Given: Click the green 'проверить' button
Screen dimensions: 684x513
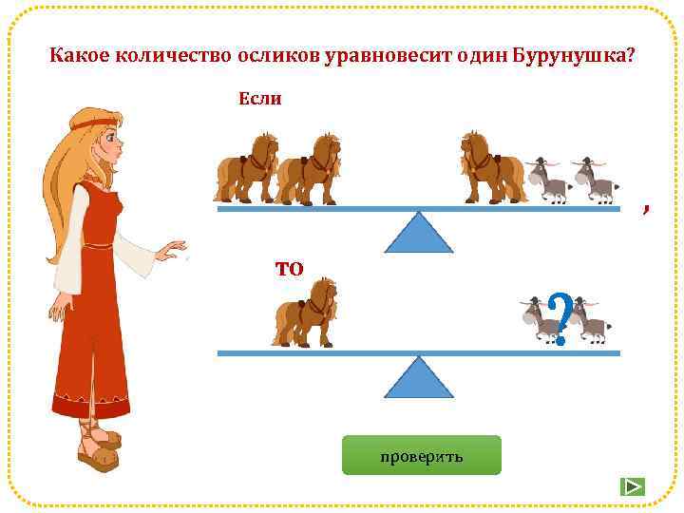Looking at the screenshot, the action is pyautogui.click(x=421, y=455).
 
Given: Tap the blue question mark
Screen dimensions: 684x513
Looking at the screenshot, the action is pyautogui.click(x=560, y=319).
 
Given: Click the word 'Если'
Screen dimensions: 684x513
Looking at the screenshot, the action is pyautogui.click(x=259, y=98).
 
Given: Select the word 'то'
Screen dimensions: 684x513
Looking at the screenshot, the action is pyautogui.click(x=289, y=268).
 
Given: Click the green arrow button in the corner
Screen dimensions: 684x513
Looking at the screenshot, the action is pyautogui.click(x=632, y=486).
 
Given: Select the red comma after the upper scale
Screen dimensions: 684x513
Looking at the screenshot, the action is pyautogui.click(x=645, y=210).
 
